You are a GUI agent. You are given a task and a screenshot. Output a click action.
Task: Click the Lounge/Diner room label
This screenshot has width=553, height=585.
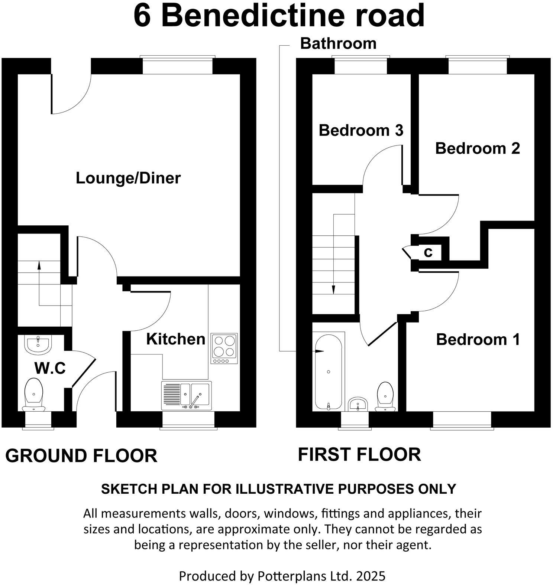[128, 178]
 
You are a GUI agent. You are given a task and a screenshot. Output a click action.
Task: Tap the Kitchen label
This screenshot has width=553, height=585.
[175, 339]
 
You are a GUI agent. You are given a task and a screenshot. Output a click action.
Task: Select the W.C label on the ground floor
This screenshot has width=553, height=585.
[50, 368]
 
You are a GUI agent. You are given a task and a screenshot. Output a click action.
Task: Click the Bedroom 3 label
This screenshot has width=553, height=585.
[361, 130]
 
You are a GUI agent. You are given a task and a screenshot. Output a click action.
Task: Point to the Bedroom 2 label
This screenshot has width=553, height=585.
[477, 148]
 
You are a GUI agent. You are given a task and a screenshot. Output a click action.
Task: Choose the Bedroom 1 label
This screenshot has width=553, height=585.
[478, 339]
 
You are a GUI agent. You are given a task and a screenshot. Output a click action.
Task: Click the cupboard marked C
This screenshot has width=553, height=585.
[429, 252]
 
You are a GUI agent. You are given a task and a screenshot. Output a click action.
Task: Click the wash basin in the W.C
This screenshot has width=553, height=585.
[38, 344]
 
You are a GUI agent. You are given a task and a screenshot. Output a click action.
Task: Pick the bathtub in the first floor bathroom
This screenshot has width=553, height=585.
[328, 371]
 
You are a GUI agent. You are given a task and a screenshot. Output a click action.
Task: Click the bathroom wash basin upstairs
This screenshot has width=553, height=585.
[358, 404]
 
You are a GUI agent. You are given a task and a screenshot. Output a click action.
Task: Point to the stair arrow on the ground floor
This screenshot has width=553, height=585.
[39, 282]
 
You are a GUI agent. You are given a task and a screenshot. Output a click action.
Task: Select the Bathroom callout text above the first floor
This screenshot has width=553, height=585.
[338, 43]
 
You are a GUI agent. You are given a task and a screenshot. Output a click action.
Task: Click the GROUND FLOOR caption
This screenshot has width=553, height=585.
[81, 455]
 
